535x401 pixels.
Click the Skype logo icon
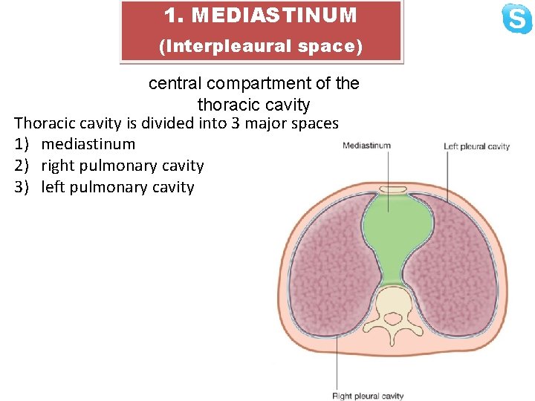516,19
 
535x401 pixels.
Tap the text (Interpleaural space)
261,46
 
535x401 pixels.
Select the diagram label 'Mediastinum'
366,146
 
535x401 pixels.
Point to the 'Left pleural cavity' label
476,146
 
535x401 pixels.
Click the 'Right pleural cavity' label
368,396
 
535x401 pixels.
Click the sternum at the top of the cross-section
389,195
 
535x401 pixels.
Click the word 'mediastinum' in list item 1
88,144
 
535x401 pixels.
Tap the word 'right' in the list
59,166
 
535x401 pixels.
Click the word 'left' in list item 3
53,187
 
